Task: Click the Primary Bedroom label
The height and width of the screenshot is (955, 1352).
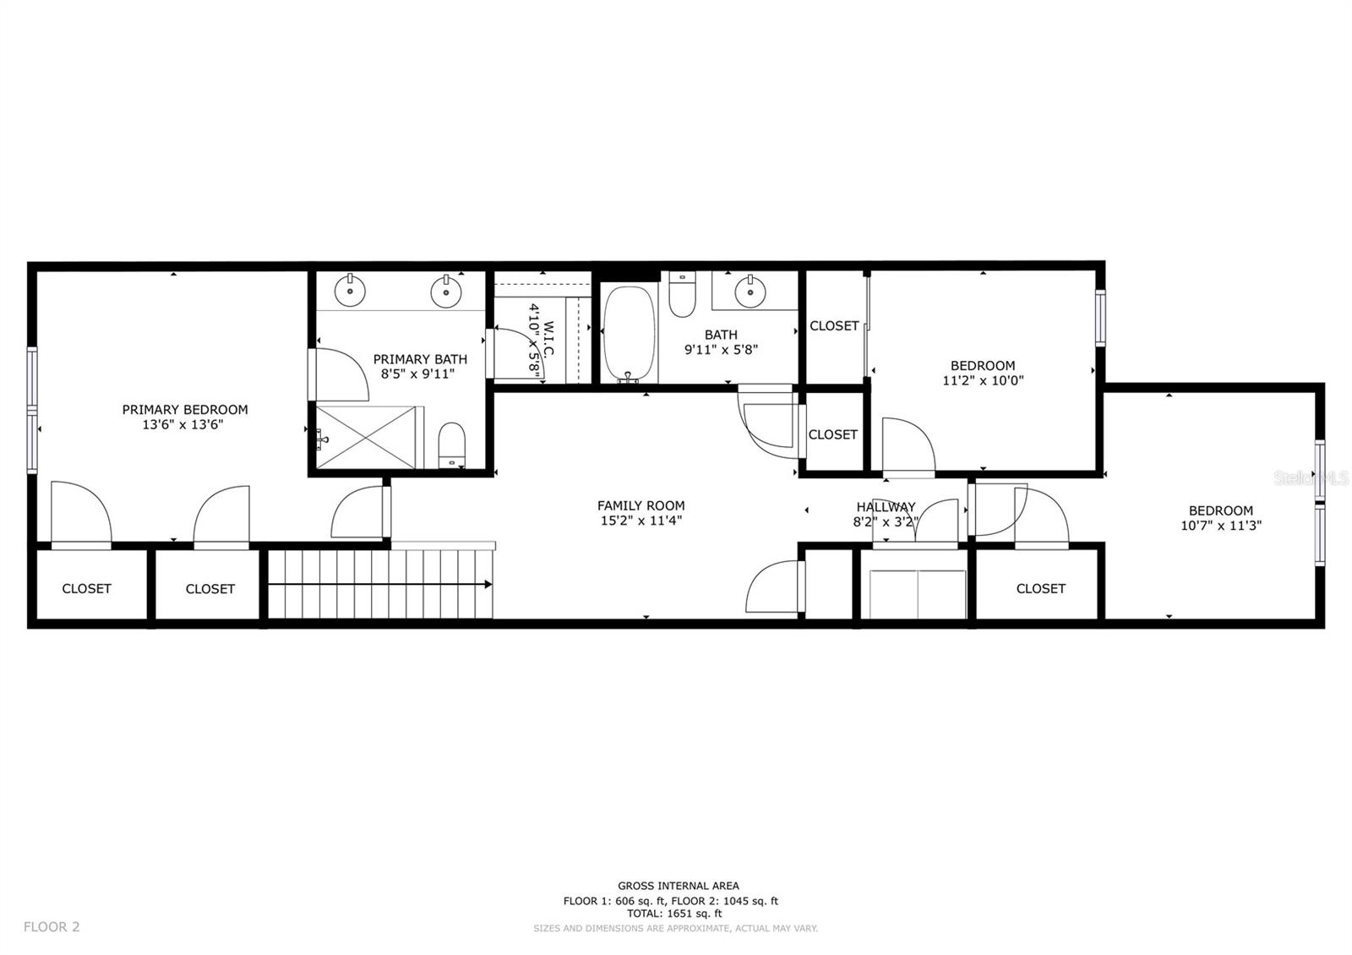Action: [x=185, y=410]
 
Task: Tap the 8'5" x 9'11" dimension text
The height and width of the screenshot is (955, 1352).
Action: [x=417, y=374]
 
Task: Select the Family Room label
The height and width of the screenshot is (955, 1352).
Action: [x=641, y=506]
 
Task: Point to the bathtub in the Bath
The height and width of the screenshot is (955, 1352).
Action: [x=629, y=334]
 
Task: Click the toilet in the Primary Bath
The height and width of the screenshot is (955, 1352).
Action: [x=451, y=445]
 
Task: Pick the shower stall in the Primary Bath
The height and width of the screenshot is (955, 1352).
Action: [x=367, y=437]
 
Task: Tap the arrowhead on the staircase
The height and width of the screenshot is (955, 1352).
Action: [x=487, y=584]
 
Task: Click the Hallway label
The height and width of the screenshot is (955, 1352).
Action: [x=886, y=507]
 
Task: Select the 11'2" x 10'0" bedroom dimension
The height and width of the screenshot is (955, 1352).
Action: [x=983, y=381]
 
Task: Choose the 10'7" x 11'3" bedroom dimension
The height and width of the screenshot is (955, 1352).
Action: [x=1220, y=526]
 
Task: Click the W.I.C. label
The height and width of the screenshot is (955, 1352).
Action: [x=548, y=339]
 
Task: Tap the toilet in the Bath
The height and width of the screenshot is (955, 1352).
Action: [x=682, y=294]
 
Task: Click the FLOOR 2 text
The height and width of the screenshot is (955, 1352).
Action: [x=52, y=926]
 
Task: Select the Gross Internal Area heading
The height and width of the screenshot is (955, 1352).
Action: [x=678, y=887]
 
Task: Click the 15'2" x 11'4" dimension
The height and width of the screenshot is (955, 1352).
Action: [x=641, y=521]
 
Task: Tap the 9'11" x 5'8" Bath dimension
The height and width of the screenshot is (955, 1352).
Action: [x=721, y=350]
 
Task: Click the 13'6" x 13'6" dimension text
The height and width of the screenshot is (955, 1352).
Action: [x=183, y=425]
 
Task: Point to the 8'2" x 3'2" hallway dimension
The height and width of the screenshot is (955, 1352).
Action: [x=886, y=522]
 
